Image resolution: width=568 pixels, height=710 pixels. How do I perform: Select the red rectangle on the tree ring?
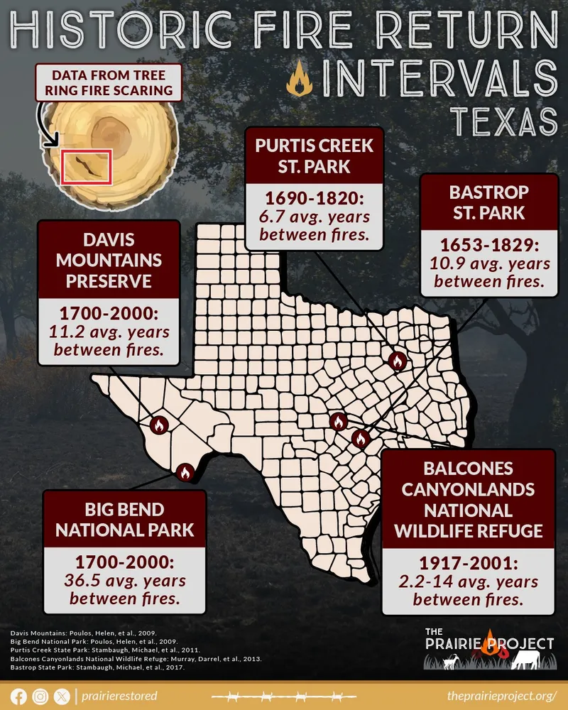coord(86,167)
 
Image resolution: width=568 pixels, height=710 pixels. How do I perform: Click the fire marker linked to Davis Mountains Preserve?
coord(159,425)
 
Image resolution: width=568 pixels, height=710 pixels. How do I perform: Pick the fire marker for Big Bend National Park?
coord(185,471)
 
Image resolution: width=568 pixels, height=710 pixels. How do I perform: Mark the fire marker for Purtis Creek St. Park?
coord(397,361)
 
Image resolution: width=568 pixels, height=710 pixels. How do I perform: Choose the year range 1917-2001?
coord(469,564)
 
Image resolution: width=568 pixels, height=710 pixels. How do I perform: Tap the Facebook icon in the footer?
coord(19,697)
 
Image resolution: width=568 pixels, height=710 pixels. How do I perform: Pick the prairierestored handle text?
coord(119,697)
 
